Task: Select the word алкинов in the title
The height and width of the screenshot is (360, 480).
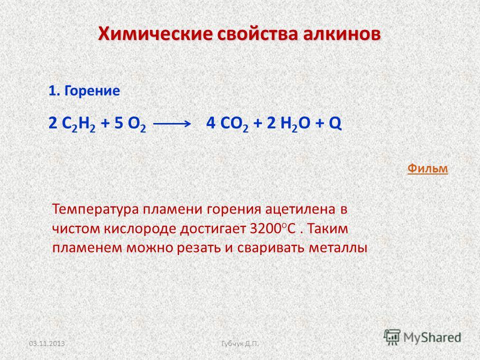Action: (341, 33)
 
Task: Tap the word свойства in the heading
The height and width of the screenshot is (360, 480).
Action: (258, 33)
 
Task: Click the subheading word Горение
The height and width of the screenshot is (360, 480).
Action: (92, 91)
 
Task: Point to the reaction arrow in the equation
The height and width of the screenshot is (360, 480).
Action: (171, 123)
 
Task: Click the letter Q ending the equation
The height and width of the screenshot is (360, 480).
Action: (335, 123)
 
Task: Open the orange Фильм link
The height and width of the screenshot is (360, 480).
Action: (427, 168)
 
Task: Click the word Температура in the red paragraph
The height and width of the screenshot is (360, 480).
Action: (95, 210)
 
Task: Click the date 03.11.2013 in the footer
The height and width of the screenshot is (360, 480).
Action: (47, 343)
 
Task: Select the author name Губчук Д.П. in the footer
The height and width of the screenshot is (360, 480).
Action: (240, 344)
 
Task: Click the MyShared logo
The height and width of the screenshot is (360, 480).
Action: (422, 337)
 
